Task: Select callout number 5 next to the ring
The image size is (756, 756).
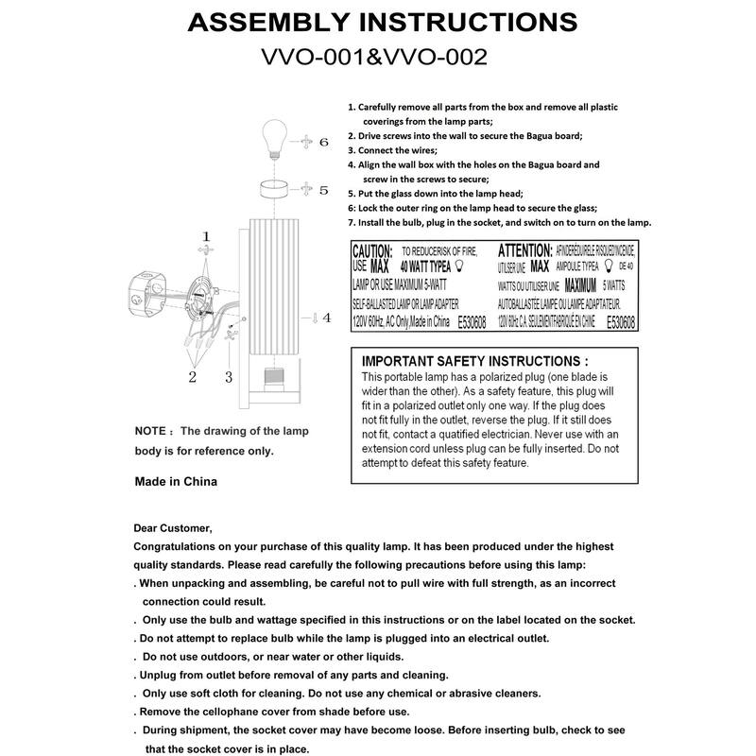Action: tap(322, 190)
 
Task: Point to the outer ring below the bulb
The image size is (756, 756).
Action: tap(273, 188)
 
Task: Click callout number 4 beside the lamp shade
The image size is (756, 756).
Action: tap(326, 318)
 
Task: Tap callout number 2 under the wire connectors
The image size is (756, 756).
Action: tap(192, 378)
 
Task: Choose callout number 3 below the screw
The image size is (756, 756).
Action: tap(228, 378)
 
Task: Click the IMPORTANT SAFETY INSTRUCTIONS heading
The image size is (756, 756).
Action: tap(475, 361)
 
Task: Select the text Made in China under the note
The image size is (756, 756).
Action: tap(177, 481)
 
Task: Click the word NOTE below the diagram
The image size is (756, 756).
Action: tap(151, 431)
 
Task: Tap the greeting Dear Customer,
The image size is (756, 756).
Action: tap(174, 528)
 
